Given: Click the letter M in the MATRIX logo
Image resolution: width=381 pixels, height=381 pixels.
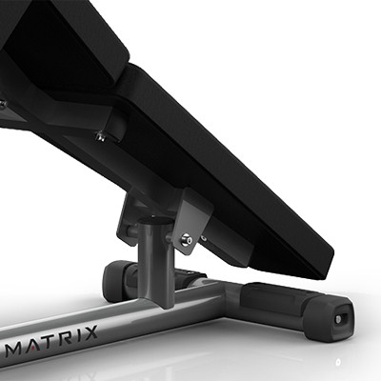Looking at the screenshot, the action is (x=14, y=348).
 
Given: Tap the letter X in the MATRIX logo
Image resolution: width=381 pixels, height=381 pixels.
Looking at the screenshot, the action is (x=89, y=332).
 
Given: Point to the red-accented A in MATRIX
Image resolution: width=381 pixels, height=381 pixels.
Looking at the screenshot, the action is (x=32, y=344).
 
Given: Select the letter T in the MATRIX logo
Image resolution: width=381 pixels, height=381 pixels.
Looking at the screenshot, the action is (x=48, y=341).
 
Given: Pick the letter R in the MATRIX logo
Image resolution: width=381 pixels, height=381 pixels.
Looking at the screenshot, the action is (x=65, y=337).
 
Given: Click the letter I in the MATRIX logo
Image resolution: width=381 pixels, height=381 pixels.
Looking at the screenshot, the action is (x=76, y=335).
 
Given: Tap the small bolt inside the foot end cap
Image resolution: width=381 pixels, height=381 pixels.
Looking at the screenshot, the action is (x=339, y=319).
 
